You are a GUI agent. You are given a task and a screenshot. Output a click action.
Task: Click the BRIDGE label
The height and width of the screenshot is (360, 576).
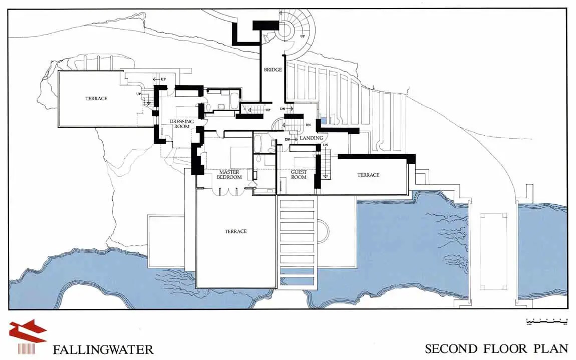click(273, 70)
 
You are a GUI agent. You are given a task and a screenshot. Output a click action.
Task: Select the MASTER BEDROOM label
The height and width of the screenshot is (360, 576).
click(230, 174)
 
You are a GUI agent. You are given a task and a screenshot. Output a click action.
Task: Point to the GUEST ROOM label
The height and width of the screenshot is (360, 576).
click(299, 174)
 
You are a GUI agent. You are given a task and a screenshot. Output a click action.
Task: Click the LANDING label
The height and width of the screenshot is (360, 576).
click(311, 138)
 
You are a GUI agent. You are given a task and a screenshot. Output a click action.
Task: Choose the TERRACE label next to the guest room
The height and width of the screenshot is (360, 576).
click(368, 175)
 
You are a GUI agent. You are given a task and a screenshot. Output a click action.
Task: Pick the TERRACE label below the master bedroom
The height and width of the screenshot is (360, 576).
click(235, 231)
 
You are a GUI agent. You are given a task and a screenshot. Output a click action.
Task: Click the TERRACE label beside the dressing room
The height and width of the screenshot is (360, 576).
click(96, 99)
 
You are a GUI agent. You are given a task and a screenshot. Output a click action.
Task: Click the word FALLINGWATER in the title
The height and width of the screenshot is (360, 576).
click(103, 349)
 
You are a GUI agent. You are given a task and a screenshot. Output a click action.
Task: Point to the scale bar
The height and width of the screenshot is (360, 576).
click(546, 320)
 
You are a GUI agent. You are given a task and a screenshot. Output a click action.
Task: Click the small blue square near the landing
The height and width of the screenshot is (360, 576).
click(323, 120)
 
